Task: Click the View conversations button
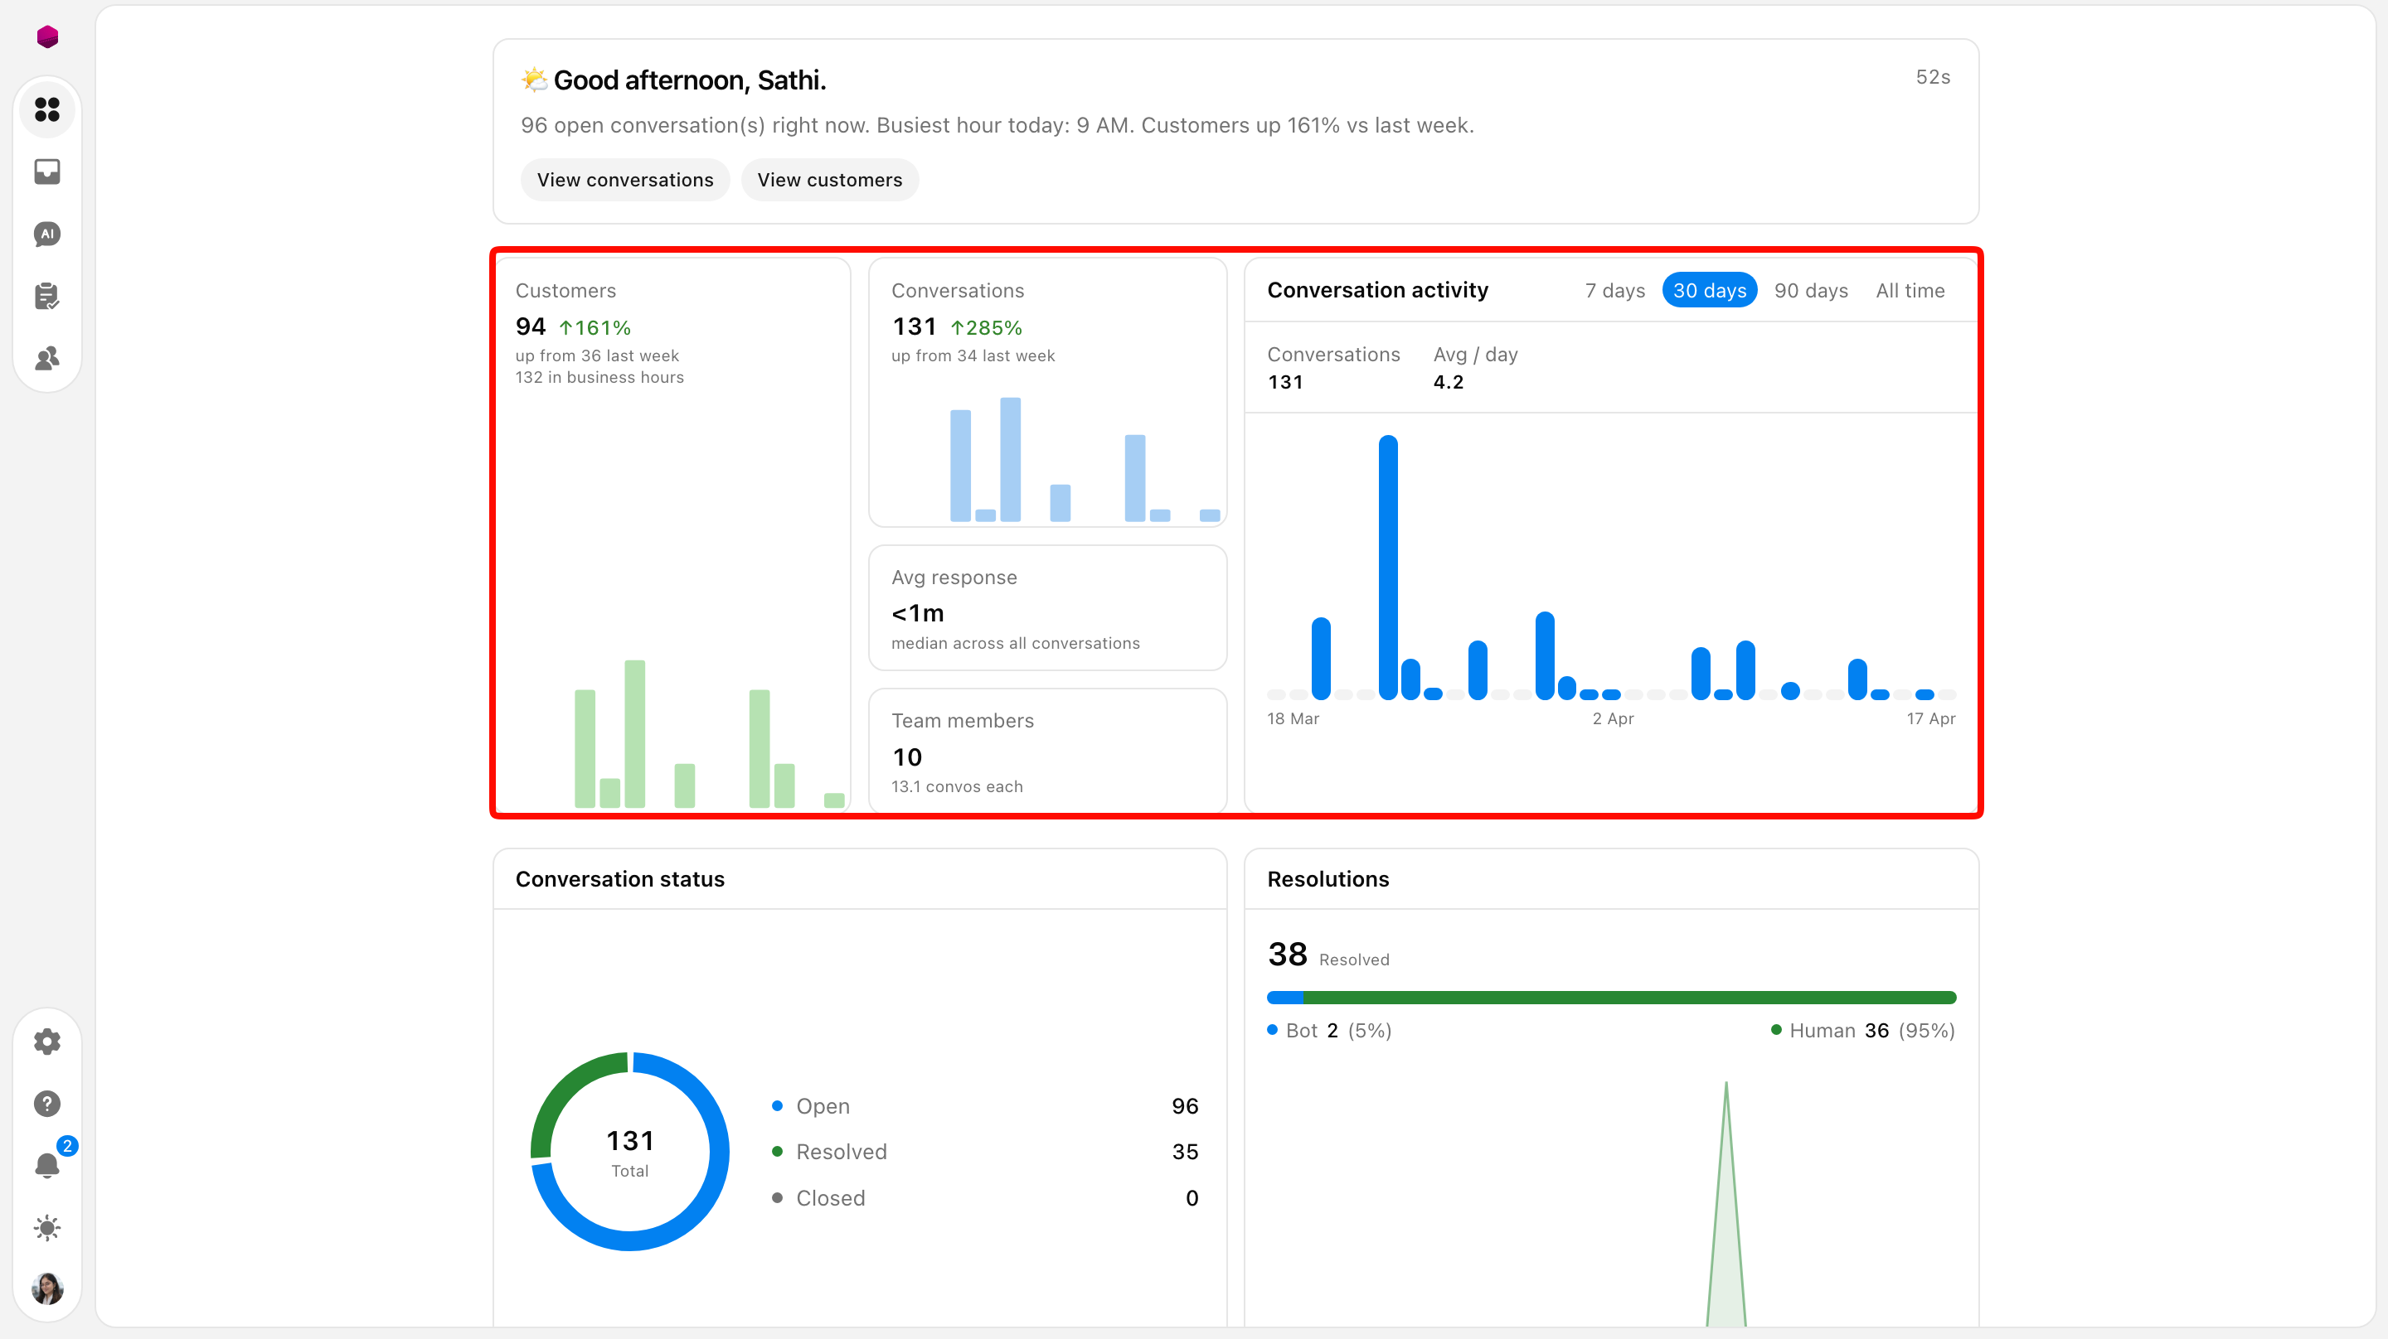pos(625,180)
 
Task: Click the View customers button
pos(830,180)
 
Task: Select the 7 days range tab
pos(1615,290)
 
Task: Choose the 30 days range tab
pos(1710,290)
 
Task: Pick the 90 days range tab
pos(1810,290)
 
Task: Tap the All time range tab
pos(1910,290)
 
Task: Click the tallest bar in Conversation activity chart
pos(1388,567)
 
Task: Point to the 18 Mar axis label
pos(1293,718)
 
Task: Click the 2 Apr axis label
pos(1613,718)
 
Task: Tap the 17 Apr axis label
pos(1931,718)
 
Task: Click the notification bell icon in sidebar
pos(47,1165)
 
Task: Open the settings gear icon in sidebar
pos(47,1042)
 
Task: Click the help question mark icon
pos(47,1104)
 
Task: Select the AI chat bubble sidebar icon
pos(47,234)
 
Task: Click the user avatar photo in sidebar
pos(47,1288)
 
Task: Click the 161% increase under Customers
pos(595,327)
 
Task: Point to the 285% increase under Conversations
pos(987,327)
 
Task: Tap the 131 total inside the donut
pos(630,1140)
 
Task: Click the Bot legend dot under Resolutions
pos(1273,1029)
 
